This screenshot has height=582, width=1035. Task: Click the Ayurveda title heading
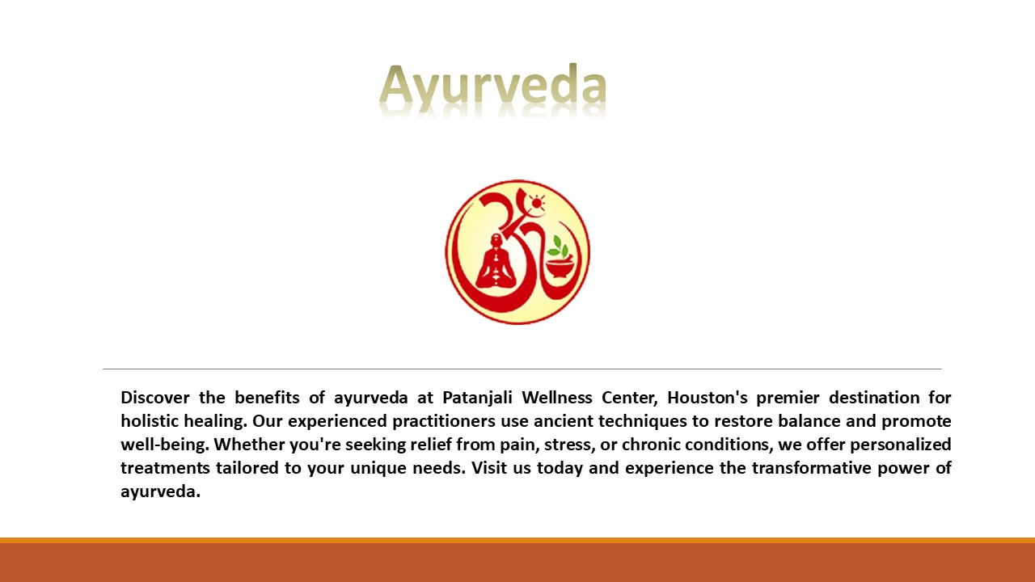(492, 86)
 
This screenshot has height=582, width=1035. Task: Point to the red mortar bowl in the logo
(560, 268)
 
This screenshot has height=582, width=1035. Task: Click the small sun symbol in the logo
(536, 203)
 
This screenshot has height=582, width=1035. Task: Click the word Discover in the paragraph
(155, 397)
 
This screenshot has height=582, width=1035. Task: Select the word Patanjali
(477, 398)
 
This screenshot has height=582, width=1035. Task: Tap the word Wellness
(557, 397)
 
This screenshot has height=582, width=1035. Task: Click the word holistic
(150, 421)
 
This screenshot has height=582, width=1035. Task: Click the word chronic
(651, 445)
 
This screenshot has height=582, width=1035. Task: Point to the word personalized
(901, 445)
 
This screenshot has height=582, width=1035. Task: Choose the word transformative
(810, 468)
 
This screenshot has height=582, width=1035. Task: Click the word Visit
(487, 468)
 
